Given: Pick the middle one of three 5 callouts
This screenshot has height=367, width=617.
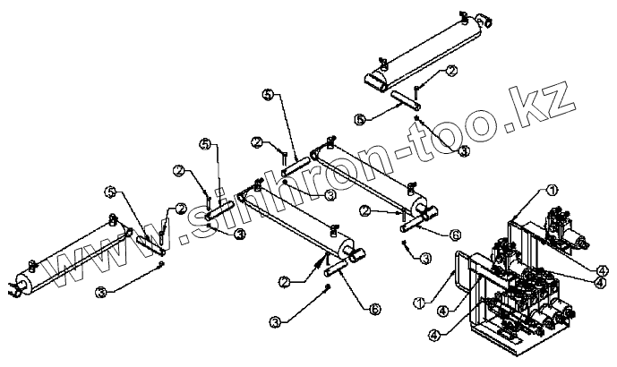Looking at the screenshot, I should coord(204,144).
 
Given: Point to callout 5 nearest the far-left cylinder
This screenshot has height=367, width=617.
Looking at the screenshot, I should coord(110,192).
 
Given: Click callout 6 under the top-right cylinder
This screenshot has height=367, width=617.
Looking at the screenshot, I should coord(359,118).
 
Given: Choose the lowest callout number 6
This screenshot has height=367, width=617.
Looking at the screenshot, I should coord(373,308).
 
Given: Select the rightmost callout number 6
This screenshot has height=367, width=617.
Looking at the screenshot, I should coord(455,235).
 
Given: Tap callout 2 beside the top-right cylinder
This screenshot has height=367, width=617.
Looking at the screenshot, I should coord(453,70).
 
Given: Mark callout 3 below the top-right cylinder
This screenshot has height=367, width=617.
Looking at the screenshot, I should coord(464,152).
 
